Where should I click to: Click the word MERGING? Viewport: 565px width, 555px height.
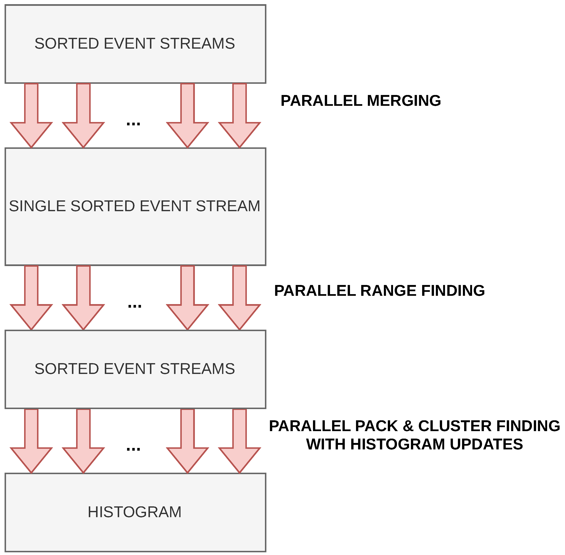point(404,101)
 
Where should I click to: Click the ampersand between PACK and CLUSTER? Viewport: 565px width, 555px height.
point(408,426)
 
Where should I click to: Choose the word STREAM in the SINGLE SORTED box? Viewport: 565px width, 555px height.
point(228,206)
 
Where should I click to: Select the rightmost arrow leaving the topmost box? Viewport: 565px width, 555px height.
point(239,115)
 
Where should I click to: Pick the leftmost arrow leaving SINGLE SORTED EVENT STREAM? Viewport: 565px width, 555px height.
point(31,298)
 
